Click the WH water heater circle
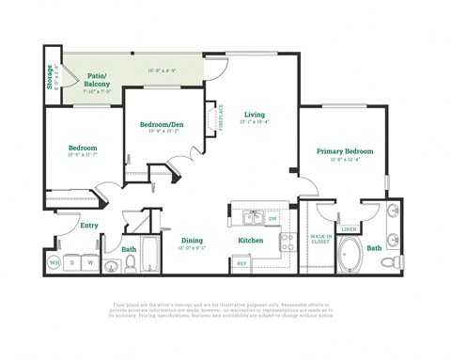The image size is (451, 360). click(x=54, y=262)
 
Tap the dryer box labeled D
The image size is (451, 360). click(x=71, y=262)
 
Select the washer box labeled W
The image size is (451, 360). click(x=90, y=262)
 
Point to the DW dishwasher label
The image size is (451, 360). click(x=272, y=218)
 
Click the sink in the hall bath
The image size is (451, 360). click(x=112, y=267)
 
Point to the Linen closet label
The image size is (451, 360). click(x=349, y=228)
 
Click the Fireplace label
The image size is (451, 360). click(x=221, y=118)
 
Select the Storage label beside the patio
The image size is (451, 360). click(x=49, y=76)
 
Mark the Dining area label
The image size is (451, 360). click(x=192, y=241)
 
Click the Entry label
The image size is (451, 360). click(x=89, y=226)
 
